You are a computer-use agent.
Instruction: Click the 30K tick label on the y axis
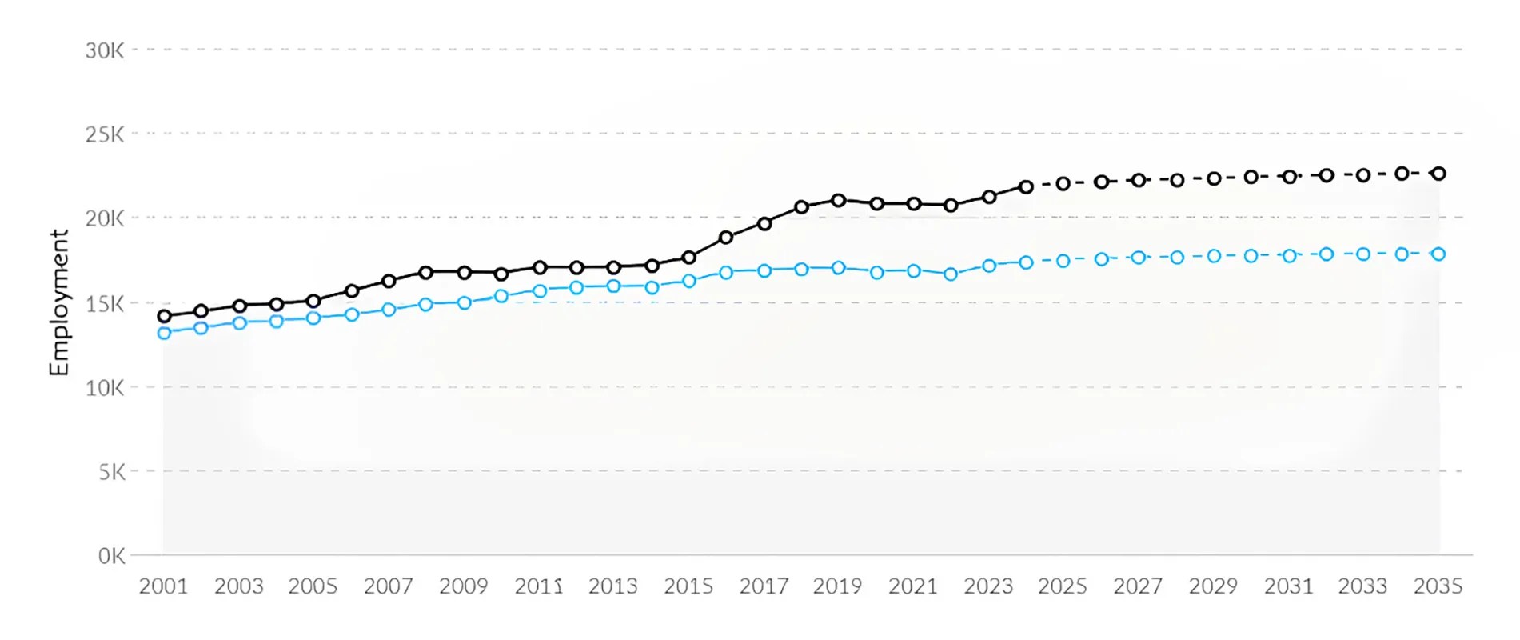point(105,50)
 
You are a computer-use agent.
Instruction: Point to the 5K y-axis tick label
point(112,472)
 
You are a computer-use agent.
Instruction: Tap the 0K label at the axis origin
point(111,556)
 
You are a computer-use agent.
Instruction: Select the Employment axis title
point(58,302)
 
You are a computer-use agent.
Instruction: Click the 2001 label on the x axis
point(163,586)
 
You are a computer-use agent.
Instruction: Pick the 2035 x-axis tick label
point(1438,586)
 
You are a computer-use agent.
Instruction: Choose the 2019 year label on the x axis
point(837,586)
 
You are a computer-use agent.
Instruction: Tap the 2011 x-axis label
point(538,586)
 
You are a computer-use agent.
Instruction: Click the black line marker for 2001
point(164,316)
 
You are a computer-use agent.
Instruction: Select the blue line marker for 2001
point(164,333)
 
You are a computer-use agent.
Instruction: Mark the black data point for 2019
point(838,201)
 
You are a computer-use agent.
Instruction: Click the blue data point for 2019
point(838,268)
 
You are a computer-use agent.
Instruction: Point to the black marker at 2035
point(1438,174)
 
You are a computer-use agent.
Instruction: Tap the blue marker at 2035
point(1438,254)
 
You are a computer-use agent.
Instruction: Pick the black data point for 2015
point(688,258)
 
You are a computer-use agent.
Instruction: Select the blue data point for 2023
point(988,266)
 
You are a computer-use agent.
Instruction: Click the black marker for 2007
point(389,281)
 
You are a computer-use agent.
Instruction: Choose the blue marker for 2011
point(539,291)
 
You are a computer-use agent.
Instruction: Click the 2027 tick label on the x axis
point(1138,586)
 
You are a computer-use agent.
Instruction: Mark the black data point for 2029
point(1214,178)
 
